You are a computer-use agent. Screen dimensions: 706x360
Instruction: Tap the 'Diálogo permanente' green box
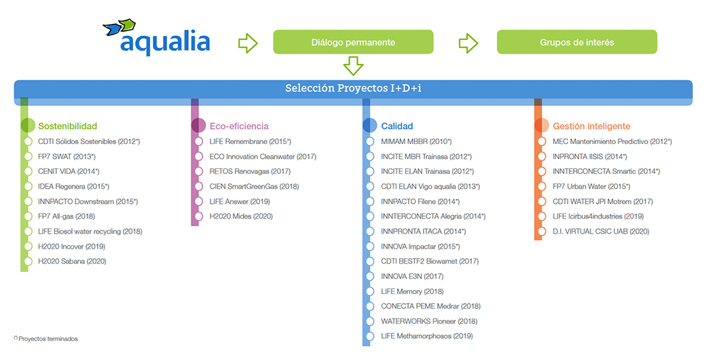[x=353, y=42]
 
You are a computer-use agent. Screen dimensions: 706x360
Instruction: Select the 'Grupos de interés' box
[x=577, y=42]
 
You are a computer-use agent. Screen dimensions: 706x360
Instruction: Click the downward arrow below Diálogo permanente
[x=353, y=66]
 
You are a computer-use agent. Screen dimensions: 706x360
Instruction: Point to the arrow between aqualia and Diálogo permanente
[x=248, y=43]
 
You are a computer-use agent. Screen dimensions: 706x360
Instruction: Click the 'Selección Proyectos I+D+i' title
[x=354, y=88]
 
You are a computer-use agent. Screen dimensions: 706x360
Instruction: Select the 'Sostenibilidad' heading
[x=67, y=126]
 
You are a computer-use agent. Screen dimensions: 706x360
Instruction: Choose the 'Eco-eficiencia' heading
[x=239, y=126]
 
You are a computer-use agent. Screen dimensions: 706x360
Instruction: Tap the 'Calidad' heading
[x=397, y=126]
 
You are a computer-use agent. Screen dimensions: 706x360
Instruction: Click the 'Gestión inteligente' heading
[x=592, y=126]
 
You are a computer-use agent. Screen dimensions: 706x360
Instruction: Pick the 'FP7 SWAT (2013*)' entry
[x=67, y=156]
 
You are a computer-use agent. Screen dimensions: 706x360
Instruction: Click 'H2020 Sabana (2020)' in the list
[x=72, y=262]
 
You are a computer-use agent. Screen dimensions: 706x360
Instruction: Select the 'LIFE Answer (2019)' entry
[x=240, y=202]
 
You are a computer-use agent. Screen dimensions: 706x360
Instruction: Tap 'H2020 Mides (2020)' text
[x=242, y=216]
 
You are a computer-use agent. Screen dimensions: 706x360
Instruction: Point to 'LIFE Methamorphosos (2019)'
[x=427, y=336]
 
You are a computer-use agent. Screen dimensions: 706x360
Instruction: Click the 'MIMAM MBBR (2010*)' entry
[x=416, y=141]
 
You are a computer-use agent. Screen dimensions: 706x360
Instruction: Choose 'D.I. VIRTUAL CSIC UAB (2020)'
[x=601, y=232]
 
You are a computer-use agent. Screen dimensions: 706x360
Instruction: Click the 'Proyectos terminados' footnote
[x=46, y=339]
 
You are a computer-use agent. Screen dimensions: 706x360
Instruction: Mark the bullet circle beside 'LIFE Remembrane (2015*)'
[x=198, y=141]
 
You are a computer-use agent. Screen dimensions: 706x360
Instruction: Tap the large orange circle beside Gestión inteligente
[x=542, y=125]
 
